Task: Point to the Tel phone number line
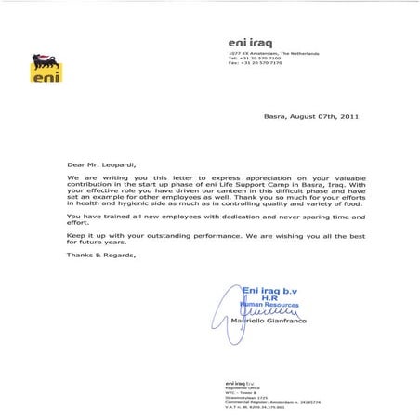253,59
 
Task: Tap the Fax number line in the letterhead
253,64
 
